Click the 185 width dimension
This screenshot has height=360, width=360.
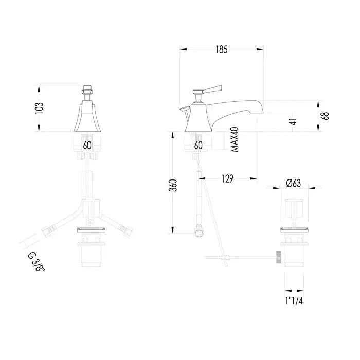[x=222, y=49]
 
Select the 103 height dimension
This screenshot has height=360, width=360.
[x=39, y=108]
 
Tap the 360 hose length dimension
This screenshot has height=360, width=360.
[x=173, y=186]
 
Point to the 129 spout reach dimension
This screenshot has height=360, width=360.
[x=227, y=178]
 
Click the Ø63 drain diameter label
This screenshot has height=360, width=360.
[x=294, y=183]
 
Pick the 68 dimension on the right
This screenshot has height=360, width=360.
[x=326, y=116]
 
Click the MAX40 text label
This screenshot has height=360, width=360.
[x=235, y=139]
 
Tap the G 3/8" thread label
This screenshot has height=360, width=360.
[x=37, y=262]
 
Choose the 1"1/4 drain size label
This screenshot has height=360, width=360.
[x=294, y=301]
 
